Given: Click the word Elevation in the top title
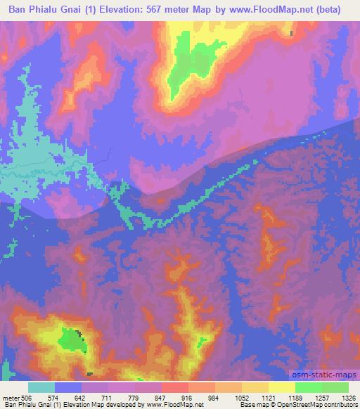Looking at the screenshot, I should pos(124,10).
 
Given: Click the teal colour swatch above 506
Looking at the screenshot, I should pos(41,387).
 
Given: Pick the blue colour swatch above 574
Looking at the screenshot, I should pos(69,387).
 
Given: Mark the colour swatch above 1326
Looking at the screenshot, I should pos(335,387).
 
